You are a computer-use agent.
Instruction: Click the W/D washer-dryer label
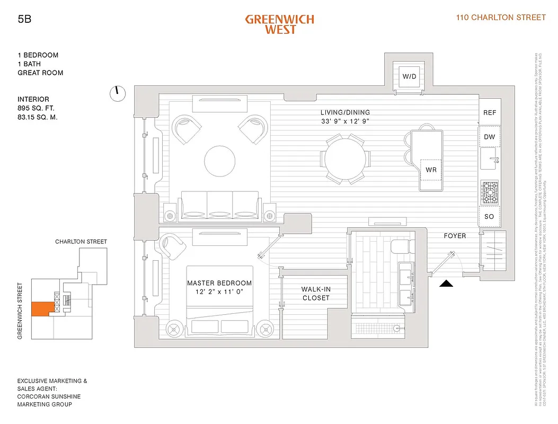point(409,77)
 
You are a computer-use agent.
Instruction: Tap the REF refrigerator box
point(490,113)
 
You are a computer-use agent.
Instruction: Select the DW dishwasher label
point(490,137)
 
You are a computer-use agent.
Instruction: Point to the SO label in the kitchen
point(489,216)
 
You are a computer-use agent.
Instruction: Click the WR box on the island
point(430,170)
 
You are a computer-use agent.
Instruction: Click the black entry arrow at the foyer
point(447,284)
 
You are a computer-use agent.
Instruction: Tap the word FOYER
point(455,236)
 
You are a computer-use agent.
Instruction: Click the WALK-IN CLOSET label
point(316,294)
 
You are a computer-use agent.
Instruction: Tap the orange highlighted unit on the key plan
point(41,309)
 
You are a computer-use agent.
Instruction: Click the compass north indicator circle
point(118,94)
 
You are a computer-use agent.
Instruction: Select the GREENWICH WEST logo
point(279,24)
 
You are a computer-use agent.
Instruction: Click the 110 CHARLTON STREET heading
point(501,17)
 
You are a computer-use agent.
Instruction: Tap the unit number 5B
point(24,20)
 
